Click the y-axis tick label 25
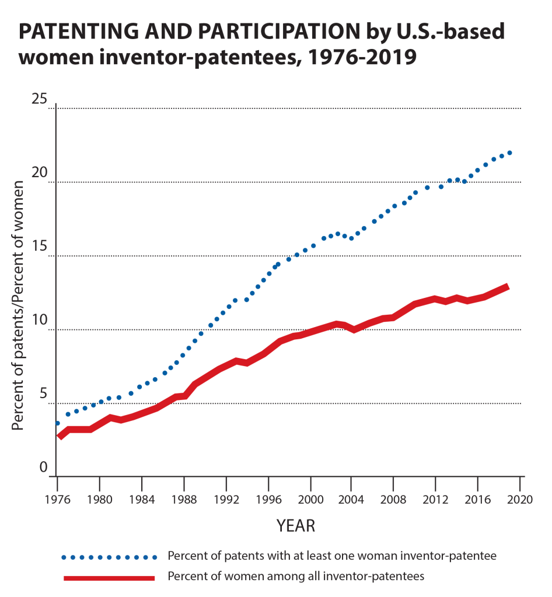tap(39, 100)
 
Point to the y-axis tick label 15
tap(39, 248)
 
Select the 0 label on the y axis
tap(43, 468)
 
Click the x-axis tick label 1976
tap(57, 499)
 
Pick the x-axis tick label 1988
tap(184, 499)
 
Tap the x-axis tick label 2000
tap(310, 499)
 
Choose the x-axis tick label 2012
tap(437, 499)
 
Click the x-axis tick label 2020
tap(521, 499)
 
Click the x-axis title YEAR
tap(295, 526)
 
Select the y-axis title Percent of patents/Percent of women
tap(18, 305)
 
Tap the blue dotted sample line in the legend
tap(109, 557)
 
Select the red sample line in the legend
tap(109, 578)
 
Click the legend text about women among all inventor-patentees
tap(295, 577)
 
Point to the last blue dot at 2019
tap(510, 153)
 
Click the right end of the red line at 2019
tap(508, 287)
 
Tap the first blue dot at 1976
tap(57, 423)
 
